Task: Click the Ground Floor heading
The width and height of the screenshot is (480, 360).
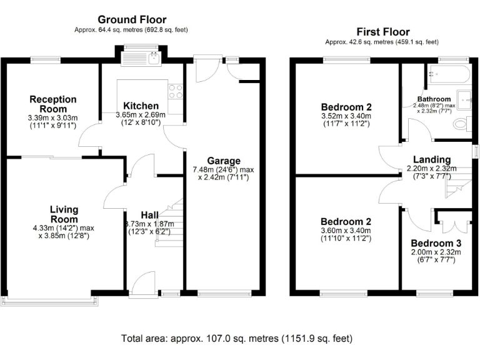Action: [131, 19]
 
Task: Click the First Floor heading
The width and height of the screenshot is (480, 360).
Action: [382, 31]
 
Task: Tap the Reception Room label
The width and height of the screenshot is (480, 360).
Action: [53, 103]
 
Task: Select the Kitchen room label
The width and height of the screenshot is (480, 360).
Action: [141, 106]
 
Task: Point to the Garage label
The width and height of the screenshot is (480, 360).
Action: [223, 161]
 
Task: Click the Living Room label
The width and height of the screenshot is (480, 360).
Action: [65, 214]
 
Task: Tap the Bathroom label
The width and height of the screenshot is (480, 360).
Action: [434, 99]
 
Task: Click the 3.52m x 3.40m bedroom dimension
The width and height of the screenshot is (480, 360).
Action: [346, 116]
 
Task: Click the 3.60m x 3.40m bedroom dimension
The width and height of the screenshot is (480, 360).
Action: [346, 230]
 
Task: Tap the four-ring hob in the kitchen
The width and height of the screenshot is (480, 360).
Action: [176, 91]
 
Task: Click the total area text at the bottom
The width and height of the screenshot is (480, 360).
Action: [237, 338]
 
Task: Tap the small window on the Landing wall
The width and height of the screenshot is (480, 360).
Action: [475, 152]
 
